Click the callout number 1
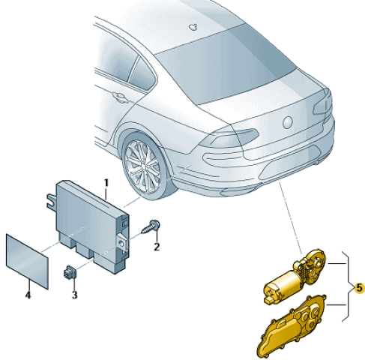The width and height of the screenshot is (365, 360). pos(106,183)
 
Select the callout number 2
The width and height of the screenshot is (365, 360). pos(157,247)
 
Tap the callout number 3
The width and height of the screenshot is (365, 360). pos(74,295)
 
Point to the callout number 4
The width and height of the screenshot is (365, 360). pos(28,295)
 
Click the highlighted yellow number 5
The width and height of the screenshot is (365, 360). pos(359,288)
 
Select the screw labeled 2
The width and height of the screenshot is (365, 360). pos(151,226)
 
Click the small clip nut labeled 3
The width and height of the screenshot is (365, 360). pos(70,272)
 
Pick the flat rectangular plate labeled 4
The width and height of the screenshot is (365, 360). pos(27,262)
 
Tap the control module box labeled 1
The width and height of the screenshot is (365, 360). pos(92,226)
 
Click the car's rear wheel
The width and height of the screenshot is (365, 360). pos(145,166)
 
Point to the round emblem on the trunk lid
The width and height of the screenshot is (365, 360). pos(287,122)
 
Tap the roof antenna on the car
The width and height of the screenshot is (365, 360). pos(193,27)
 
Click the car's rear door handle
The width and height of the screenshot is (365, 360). pos(119,97)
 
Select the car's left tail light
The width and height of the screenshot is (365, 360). pos(229,139)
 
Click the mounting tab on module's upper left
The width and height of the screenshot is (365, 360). pos(52,200)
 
